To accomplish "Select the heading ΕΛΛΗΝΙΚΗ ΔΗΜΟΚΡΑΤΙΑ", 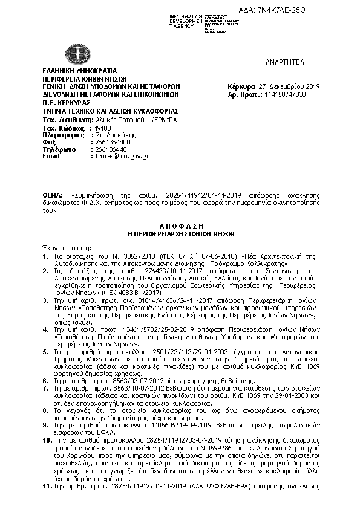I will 75,71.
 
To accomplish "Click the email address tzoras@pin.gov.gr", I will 118,156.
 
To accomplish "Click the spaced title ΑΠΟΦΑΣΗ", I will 180,224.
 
